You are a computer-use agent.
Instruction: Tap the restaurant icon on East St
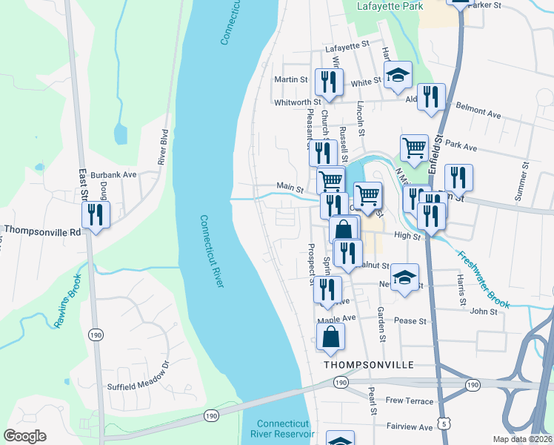[x=96, y=214]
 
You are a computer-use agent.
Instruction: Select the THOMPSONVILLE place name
[x=367, y=366]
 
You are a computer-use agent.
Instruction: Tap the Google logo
[x=24, y=436]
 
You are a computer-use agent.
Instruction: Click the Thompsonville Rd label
[x=43, y=231]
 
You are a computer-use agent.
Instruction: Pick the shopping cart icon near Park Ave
[x=414, y=148]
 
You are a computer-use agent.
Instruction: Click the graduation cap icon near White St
[x=398, y=74]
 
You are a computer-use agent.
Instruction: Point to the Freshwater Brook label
[x=482, y=280]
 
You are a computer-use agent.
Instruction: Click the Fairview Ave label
[x=410, y=427]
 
